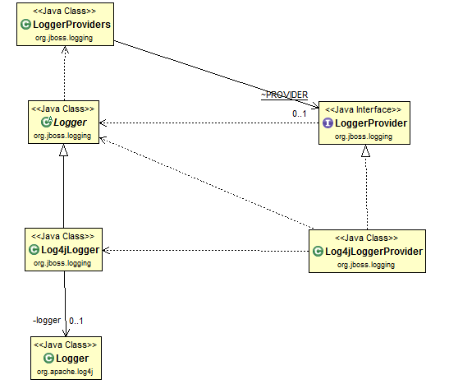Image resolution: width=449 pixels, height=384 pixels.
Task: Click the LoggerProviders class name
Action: click(x=71, y=25)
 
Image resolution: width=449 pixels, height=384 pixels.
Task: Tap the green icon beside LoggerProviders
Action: click(x=25, y=25)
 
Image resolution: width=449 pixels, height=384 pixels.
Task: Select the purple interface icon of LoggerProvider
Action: click(x=328, y=123)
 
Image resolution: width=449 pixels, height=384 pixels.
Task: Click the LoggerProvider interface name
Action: click(x=371, y=123)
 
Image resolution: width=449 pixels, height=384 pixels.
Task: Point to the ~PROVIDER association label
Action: click(x=284, y=95)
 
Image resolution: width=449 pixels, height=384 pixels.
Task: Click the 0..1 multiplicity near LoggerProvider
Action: click(x=300, y=113)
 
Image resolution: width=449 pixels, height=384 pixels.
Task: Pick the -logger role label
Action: click(x=47, y=320)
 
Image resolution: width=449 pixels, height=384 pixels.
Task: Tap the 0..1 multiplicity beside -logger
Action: click(x=76, y=321)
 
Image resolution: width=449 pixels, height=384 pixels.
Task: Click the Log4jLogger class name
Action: click(x=70, y=250)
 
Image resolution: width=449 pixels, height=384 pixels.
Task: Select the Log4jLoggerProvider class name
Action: click(x=373, y=252)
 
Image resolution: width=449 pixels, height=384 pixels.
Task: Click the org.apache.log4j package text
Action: click(x=65, y=372)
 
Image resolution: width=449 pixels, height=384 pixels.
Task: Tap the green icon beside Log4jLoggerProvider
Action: click(x=318, y=252)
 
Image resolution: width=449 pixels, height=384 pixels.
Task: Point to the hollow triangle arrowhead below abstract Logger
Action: click(x=63, y=150)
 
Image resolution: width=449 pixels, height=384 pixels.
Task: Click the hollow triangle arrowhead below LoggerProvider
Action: click(x=365, y=150)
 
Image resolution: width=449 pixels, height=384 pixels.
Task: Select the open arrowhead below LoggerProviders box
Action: click(x=66, y=50)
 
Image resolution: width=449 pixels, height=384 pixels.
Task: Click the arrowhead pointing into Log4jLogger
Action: click(x=106, y=250)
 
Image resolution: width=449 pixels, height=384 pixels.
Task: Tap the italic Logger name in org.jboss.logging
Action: click(x=70, y=123)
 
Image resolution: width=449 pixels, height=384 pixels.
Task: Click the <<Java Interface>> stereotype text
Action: click(x=364, y=109)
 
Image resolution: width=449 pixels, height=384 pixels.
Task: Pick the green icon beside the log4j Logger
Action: click(x=48, y=359)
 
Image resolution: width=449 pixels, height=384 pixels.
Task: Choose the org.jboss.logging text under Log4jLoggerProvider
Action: click(x=366, y=265)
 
